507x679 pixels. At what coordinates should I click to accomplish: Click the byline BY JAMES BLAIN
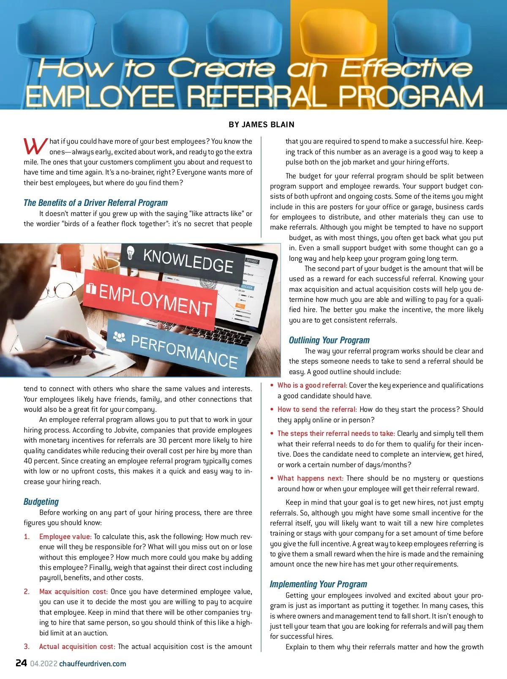pyautogui.click(x=262, y=125)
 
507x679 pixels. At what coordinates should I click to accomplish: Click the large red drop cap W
pyautogui.click(x=35, y=146)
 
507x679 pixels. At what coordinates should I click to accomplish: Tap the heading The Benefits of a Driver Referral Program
pyautogui.click(x=95, y=203)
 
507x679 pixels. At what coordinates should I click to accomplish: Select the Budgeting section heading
pyautogui.click(x=41, y=502)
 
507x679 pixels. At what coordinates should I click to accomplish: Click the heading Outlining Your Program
pyautogui.click(x=329, y=340)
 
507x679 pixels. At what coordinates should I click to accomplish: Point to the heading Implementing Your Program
pyautogui.click(x=318, y=584)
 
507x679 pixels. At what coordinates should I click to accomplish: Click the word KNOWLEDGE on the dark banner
pyautogui.click(x=188, y=261)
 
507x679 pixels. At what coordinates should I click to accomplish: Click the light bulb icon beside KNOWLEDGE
pyautogui.click(x=131, y=252)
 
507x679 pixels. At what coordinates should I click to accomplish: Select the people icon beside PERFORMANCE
pyautogui.click(x=120, y=337)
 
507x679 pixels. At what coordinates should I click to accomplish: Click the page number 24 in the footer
pyautogui.click(x=21, y=663)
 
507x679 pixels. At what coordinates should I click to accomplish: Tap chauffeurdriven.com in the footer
pyautogui.click(x=93, y=664)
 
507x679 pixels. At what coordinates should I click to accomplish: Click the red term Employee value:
pyautogui.click(x=65, y=537)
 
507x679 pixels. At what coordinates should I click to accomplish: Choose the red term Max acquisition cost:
pyautogui.click(x=73, y=591)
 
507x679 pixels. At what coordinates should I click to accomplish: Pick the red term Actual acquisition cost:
pyautogui.click(x=77, y=646)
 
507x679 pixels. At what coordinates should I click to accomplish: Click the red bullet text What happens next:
pyautogui.click(x=310, y=478)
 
